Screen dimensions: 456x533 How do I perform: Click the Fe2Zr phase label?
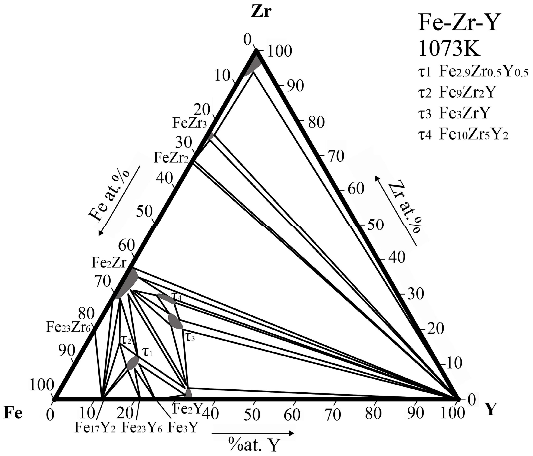pyautogui.click(x=109, y=263)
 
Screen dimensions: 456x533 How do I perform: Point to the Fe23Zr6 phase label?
pyautogui.click(x=68, y=327)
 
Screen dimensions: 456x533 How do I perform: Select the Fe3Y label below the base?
pyautogui.click(x=183, y=428)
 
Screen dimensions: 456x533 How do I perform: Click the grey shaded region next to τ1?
pyautogui.click(x=133, y=363)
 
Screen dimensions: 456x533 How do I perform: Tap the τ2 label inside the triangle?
pyautogui.click(x=126, y=341)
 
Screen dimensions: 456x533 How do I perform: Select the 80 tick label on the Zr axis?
pyautogui.click(x=316, y=122)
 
